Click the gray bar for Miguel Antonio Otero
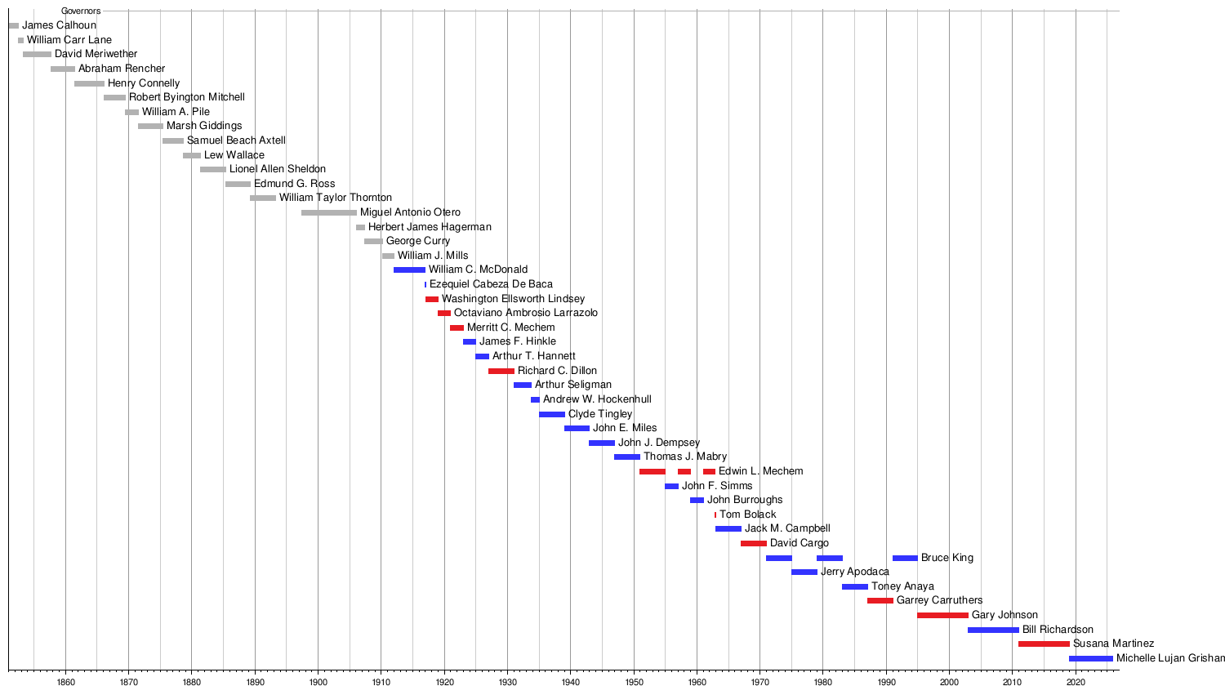pyautogui.click(x=328, y=212)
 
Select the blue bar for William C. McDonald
pyautogui.click(x=409, y=269)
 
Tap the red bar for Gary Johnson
pyautogui.click(x=942, y=615)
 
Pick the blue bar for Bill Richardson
pyautogui.click(x=993, y=630)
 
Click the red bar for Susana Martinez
pyautogui.click(x=1044, y=644)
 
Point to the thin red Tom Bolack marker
pyautogui.click(x=715, y=514)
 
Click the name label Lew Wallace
pyautogui.click(x=234, y=155)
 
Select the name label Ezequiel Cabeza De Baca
pyautogui.click(x=491, y=284)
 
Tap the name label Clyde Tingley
pyautogui.click(x=600, y=414)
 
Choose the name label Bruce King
pyautogui.click(x=947, y=558)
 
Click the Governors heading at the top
pyautogui.click(x=81, y=11)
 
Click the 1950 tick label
pyautogui.click(x=634, y=680)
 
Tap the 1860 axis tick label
pyautogui.click(x=65, y=680)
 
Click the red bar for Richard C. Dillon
pyautogui.click(x=501, y=371)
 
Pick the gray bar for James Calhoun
pyautogui.click(x=13, y=25)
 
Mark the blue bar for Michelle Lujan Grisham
pyautogui.click(x=1090, y=658)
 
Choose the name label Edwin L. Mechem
pyautogui.click(x=760, y=471)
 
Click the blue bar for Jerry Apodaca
pyautogui.click(x=804, y=572)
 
